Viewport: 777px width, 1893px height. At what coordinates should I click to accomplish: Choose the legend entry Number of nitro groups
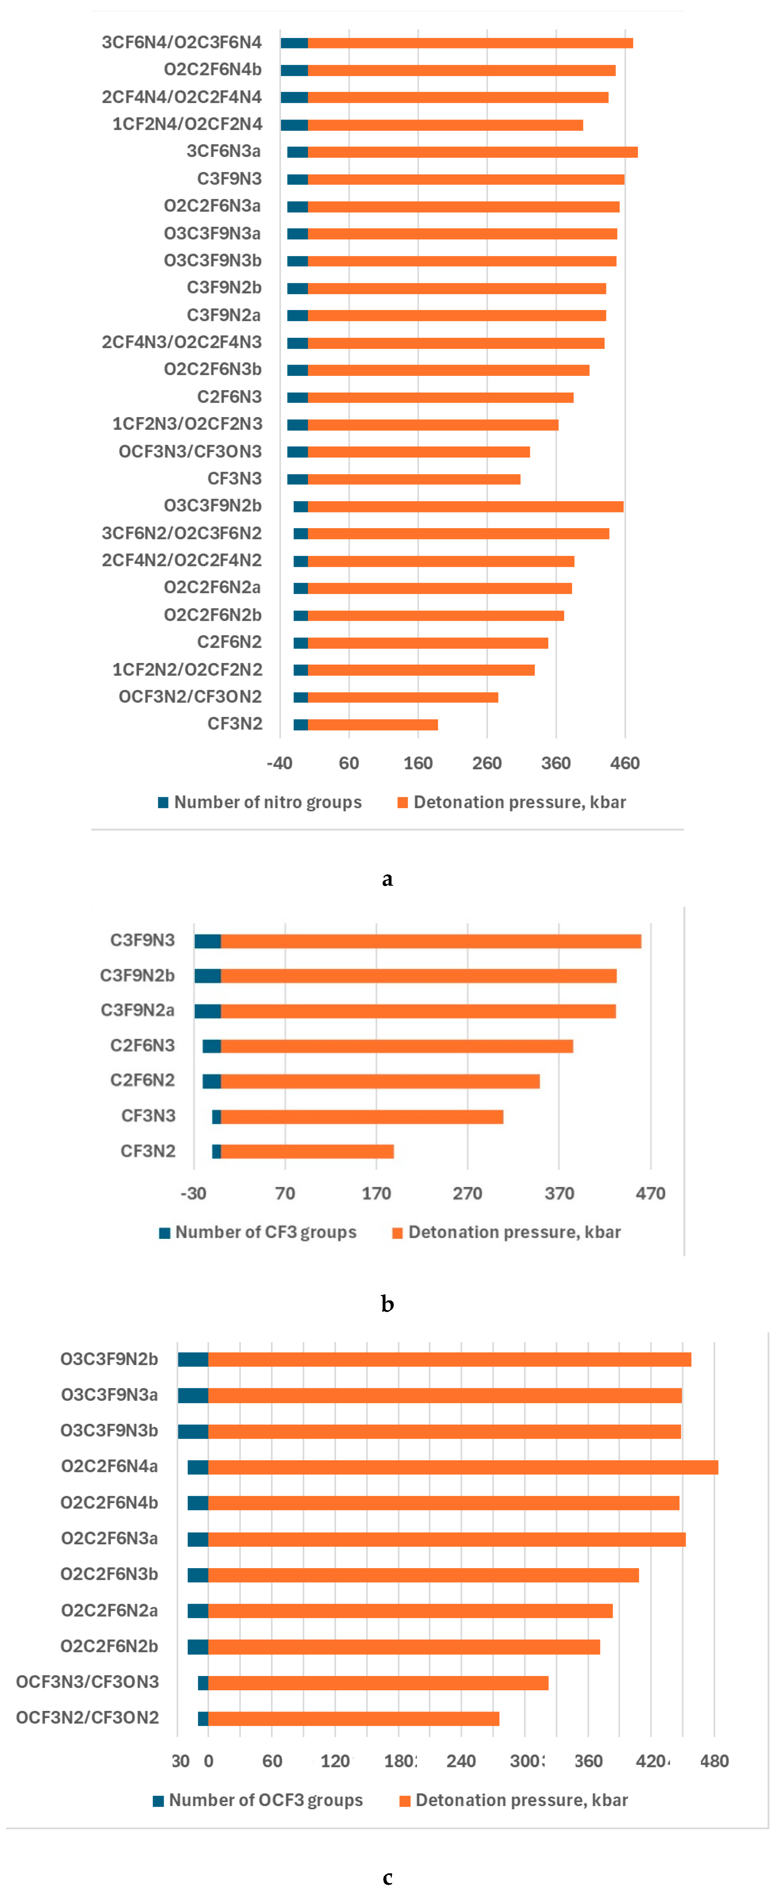(260, 802)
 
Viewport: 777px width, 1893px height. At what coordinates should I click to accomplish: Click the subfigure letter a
(387, 879)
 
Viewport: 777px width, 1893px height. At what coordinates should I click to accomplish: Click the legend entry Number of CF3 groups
(258, 1232)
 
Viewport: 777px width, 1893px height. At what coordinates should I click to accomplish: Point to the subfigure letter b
(387, 1305)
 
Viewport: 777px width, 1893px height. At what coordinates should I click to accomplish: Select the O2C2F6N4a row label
(109, 1467)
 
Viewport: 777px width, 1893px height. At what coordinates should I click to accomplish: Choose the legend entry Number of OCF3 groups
(258, 1800)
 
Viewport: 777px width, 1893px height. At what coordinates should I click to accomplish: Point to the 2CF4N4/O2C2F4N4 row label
(181, 97)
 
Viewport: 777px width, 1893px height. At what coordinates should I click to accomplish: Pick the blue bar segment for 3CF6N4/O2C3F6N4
(294, 43)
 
